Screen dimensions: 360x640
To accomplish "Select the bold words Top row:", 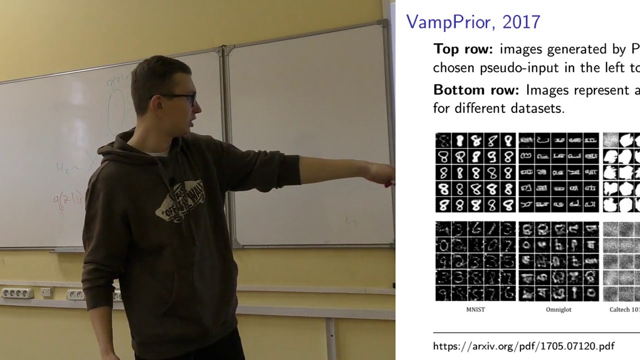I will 463,49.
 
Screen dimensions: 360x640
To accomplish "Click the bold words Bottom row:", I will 476,90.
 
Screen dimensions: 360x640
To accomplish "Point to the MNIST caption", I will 475,309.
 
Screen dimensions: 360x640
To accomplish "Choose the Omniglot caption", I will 558,309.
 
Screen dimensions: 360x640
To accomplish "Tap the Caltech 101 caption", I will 624,309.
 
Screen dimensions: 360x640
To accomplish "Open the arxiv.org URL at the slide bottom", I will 523,346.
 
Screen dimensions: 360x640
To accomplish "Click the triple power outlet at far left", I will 17,293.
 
